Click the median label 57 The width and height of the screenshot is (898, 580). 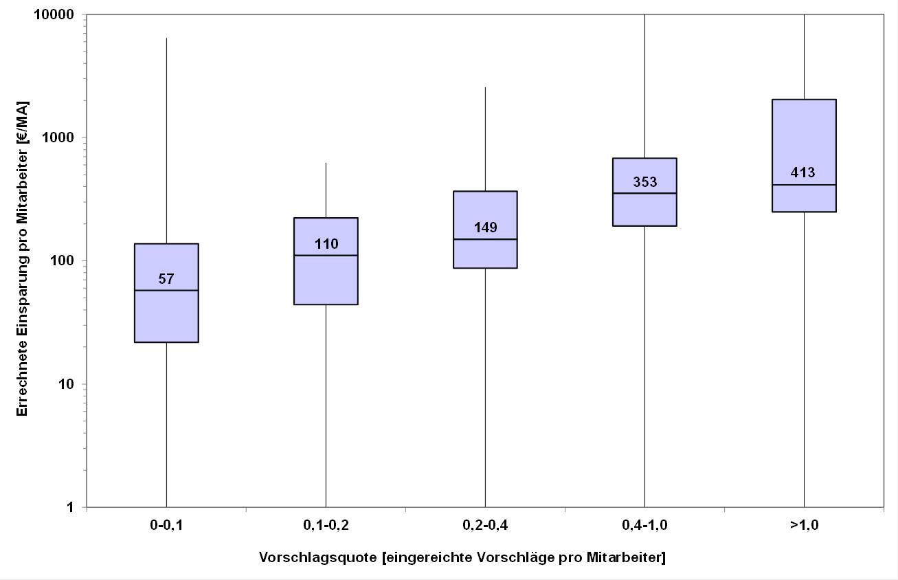click(x=166, y=279)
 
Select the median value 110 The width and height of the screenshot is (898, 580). click(x=326, y=244)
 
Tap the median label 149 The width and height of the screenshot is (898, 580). click(x=486, y=227)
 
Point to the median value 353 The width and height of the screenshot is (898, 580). click(x=645, y=182)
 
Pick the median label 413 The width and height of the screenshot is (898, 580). click(x=803, y=172)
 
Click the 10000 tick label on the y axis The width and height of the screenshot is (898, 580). click(x=56, y=14)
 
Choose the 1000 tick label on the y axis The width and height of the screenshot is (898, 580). click(x=60, y=137)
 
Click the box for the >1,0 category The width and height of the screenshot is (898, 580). click(x=804, y=137)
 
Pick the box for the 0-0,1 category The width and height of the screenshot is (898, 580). click(x=166, y=316)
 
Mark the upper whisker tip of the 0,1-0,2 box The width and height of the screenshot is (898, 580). click(x=326, y=164)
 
